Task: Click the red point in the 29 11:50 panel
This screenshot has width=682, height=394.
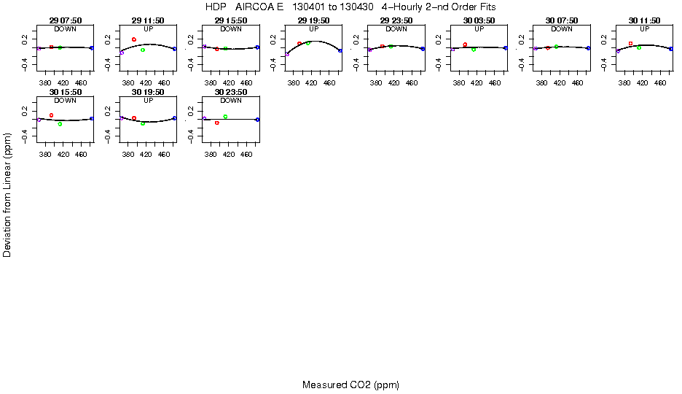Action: click(134, 39)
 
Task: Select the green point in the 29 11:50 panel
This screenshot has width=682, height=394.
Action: click(143, 50)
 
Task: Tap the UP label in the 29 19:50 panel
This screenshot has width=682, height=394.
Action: click(314, 29)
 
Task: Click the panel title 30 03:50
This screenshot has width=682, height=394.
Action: click(479, 20)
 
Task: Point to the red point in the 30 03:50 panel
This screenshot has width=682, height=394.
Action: click(465, 45)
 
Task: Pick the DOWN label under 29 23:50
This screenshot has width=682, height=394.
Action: click(396, 29)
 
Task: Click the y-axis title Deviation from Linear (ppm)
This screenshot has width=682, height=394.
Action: click(8, 194)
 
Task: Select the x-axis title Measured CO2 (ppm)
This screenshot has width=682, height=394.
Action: click(350, 385)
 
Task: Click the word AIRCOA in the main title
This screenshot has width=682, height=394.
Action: click(254, 7)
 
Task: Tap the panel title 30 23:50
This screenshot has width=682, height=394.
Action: click(231, 92)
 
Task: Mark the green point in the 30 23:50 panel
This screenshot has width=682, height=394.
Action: click(226, 117)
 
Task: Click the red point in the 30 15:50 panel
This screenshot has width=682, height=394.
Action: click(51, 115)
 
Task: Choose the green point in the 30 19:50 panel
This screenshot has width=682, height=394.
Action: click(143, 123)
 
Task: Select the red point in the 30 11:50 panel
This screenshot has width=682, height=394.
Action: click(630, 44)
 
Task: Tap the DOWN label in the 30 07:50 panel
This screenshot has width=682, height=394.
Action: click(562, 29)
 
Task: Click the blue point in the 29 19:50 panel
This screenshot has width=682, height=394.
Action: click(340, 50)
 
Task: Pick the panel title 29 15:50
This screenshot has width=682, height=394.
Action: click(231, 20)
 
